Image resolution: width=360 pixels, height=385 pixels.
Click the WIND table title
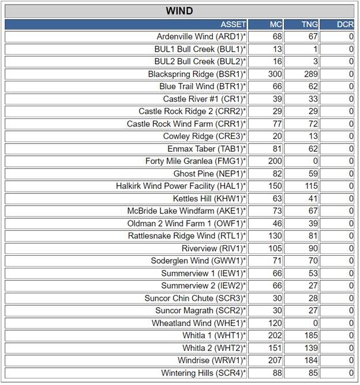[179, 11]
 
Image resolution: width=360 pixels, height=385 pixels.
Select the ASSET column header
[233, 24]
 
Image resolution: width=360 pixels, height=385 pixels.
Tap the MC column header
[276, 24]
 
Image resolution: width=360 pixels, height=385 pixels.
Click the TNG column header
[309, 24]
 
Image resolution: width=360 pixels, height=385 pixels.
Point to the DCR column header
[345, 24]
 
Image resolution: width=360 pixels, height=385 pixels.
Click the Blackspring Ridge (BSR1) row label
[197, 74]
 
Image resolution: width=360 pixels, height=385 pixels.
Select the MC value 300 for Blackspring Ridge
[275, 74]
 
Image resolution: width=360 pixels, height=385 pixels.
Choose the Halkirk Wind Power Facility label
[181, 186]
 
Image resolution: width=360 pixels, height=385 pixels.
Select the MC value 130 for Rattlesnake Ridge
[275, 236]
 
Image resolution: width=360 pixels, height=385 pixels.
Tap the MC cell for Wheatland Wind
[275, 323]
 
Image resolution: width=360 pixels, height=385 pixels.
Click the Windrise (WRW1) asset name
[210, 360]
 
